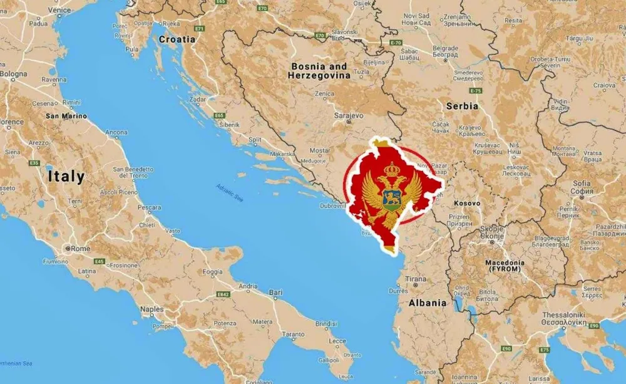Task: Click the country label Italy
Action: tap(66, 176)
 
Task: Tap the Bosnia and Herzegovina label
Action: tap(318, 71)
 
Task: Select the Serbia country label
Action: tap(462, 106)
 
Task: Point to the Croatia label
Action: tap(177, 39)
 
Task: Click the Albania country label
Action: tap(428, 303)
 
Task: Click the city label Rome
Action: tap(81, 248)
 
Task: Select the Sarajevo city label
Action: tap(348, 116)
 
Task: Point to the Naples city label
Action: tap(151, 309)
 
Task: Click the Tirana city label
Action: tap(416, 278)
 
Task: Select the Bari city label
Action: tap(275, 292)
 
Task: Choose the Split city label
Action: tap(255, 140)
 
